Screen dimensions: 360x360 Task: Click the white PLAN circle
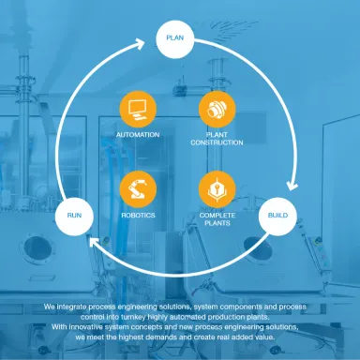pyautogui.click(x=175, y=39)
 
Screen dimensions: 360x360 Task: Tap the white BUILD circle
pyautogui.click(x=277, y=216)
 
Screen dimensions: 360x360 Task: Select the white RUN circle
pyautogui.click(x=74, y=216)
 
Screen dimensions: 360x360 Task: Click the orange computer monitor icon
pyautogui.click(x=138, y=110)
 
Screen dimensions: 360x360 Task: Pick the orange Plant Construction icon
pyautogui.click(x=217, y=110)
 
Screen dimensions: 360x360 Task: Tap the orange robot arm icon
pyautogui.click(x=138, y=189)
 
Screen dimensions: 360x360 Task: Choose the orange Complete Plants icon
pyautogui.click(x=217, y=189)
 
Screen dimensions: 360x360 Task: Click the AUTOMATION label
pyautogui.click(x=138, y=135)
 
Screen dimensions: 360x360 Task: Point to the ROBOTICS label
pyautogui.click(x=138, y=216)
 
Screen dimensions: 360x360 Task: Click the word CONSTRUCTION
pyautogui.click(x=217, y=142)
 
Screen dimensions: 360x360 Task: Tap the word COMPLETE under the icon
pyautogui.click(x=217, y=216)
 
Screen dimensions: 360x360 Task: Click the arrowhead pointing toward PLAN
pyautogui.click(x=140, y=43)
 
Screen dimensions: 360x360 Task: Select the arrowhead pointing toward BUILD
pyautogui.click(x=292, y=185)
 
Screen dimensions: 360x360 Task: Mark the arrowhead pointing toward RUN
pyautogui.click(x=94, y=242)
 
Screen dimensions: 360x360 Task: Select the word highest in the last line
pyautogui.click(x=129, y=337)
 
